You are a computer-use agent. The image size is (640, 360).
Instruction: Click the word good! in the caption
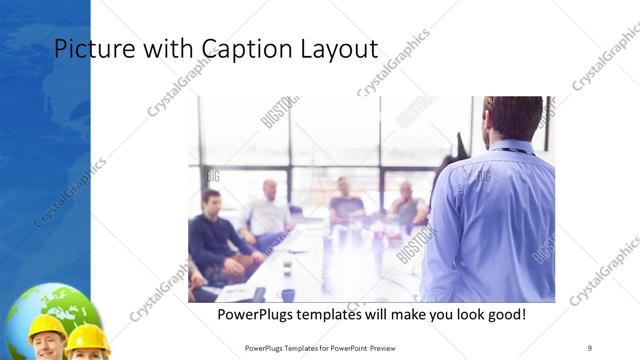click(x=502, y=315)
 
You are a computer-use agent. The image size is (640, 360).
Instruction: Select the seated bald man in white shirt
click(x=268, y=210)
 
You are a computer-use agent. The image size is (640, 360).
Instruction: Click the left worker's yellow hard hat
click(x=47, y=326)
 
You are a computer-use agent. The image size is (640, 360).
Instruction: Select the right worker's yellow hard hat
click(x=88, y=336)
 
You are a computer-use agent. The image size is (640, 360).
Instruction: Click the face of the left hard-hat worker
click(x=48, y=346)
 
